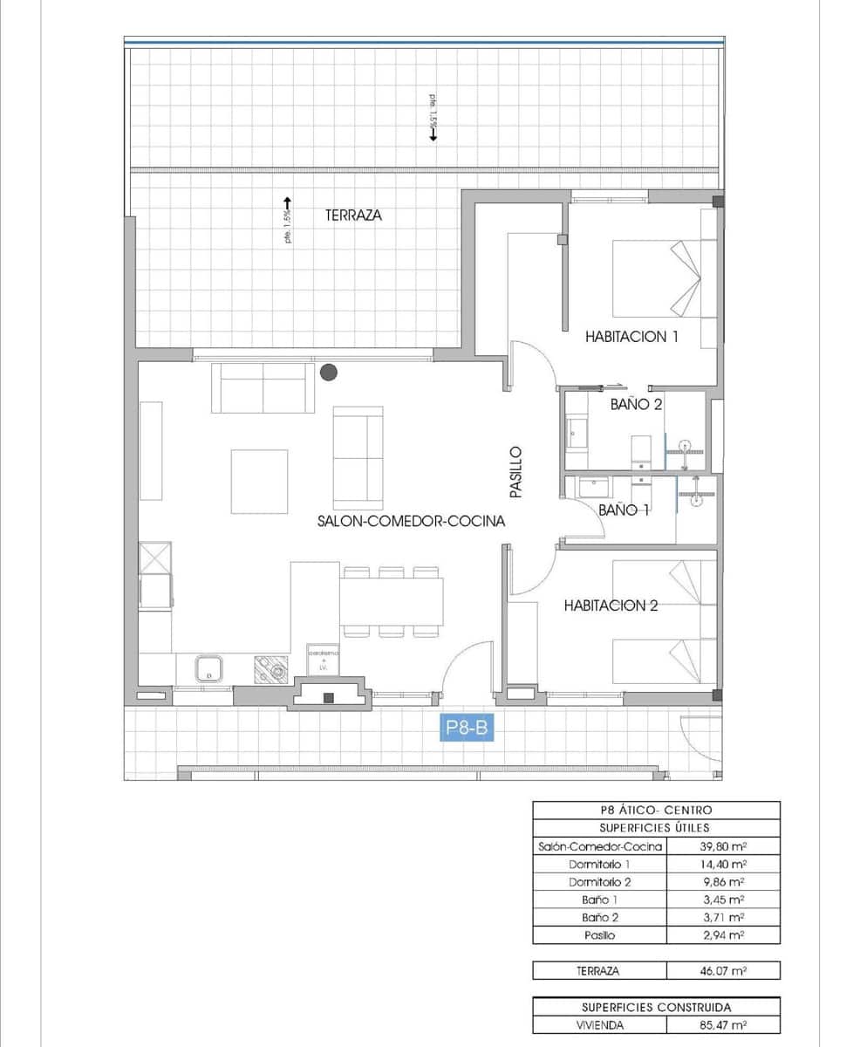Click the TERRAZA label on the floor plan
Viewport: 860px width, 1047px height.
353,215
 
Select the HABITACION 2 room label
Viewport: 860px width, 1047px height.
610,606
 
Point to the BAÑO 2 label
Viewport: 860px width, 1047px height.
637,404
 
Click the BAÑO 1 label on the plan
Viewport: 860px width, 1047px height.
624,510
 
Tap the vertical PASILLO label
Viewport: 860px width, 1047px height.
515,472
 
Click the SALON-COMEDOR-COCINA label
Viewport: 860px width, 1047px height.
411,522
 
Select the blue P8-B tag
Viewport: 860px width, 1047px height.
466,728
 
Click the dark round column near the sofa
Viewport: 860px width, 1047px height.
329,373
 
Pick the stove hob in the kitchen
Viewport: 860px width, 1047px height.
270,670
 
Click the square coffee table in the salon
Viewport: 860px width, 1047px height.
259,481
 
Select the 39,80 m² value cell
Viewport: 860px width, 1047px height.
721,846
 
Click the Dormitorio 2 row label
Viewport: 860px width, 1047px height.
599,881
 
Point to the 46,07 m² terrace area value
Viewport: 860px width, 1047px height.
721,970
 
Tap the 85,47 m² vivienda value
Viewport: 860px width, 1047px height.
721,1026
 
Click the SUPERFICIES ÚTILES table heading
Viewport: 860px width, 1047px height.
655,828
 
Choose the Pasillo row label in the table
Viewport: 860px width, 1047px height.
599,935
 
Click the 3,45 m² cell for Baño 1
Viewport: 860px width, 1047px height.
721,900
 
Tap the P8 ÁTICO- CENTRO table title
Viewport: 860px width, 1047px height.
655,811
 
